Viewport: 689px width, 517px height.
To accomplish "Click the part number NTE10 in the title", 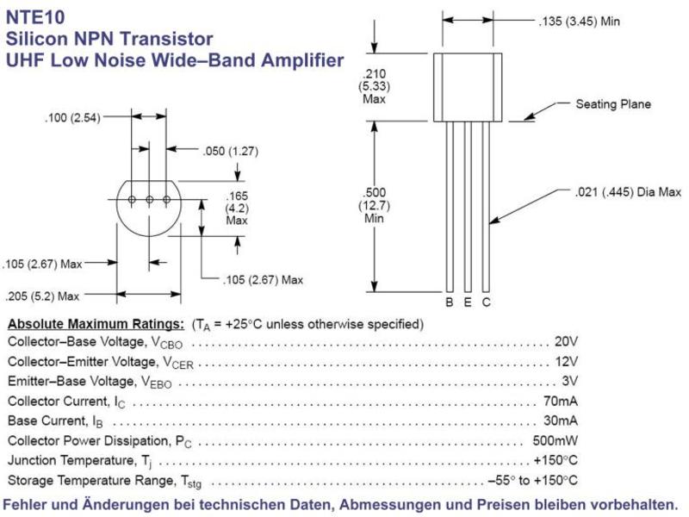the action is (x=35, y=17).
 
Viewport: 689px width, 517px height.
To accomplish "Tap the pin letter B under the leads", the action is (x=449, y=302).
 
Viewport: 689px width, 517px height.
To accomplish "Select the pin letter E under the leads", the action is (x=468, y=302).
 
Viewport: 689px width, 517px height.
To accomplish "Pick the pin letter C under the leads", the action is (x=486, y=302).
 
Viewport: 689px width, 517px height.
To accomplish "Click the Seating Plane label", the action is (x=613, y=104).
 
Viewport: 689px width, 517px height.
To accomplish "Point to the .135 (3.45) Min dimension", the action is (x=579, y=21).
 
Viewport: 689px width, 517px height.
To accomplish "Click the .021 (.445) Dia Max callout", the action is (x=628, y=191).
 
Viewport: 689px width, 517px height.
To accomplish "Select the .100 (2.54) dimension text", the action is (x=72, y=118).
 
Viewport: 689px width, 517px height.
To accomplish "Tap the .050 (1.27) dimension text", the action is (x=230, y=152).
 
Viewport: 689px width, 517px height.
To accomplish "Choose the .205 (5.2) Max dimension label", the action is (x=42, y=296).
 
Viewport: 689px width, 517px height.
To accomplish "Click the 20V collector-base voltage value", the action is (x=566, y=341).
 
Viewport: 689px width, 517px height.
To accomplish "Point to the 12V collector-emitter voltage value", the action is (x=567, y=361).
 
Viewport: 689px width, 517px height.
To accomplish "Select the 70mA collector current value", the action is (x=561, y=401).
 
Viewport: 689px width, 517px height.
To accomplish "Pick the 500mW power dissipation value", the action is (x=555, y=440).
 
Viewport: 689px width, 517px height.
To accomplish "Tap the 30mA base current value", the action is (x=561, y=420).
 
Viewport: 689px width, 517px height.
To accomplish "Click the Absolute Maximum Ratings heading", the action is (x=96, y=324).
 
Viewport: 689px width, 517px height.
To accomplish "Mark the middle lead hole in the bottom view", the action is (x=149, y=200).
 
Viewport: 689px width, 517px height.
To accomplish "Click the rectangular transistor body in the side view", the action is (x=468, y=87).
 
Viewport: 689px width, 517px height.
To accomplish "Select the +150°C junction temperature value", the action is (x=556, y=460).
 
